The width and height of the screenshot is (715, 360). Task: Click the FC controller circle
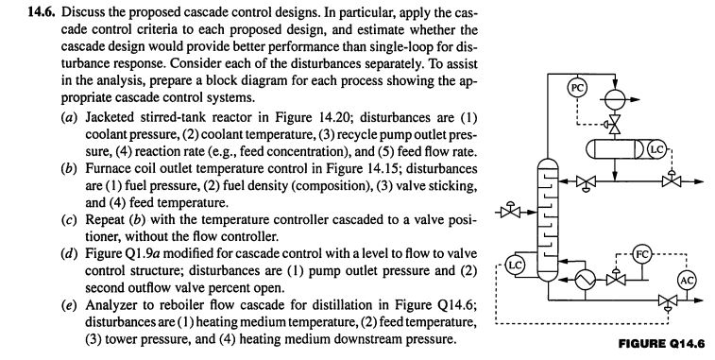click(641, 254)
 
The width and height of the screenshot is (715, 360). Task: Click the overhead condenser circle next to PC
click(608, 96)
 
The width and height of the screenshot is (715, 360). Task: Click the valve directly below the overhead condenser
click(608, 125)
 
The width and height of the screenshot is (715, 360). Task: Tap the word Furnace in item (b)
click(82, 175)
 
